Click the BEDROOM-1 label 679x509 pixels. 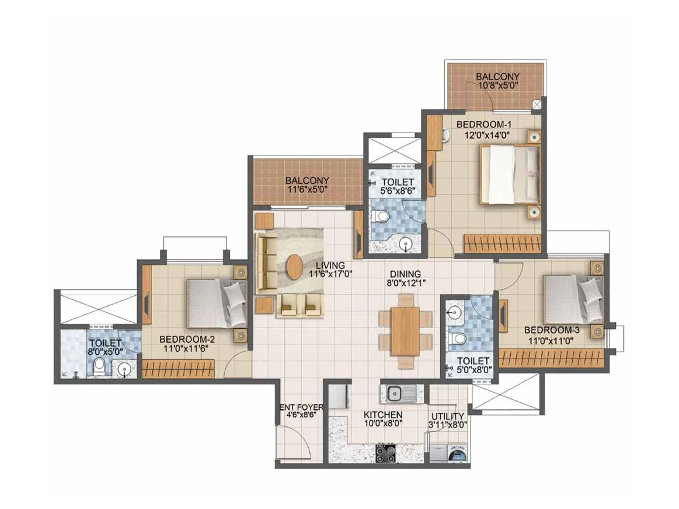pyautogui.click(x=484, y=125)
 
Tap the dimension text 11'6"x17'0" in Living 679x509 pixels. pyautogui.click(x=331, y=274)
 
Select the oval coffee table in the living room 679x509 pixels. pyautogui.click(x=294, y=266)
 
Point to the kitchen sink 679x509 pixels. pyautogui.click(x=395, y=394)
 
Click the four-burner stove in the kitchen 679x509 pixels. pyautogui.click(x=385, y=453)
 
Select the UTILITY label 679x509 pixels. pyautogui.click(x=448, y=416)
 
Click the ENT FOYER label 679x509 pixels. pyautogui.click(x=301, y=408)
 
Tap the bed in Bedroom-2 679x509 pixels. pyautogui.click(x=216, y=303)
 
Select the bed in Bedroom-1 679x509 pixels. pyautogui.click(x=509, y=174)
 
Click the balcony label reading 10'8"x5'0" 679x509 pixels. pyautogui.click(x=497, y=85)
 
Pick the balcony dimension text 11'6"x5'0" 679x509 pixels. pyautogui.click(x=307, y=189)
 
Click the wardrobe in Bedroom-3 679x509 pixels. pyautogui.click(x=551, y=358)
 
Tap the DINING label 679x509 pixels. pyautogui.click(x=405, y=274)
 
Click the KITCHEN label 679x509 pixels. pyautogui.click(x=383, y=415)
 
